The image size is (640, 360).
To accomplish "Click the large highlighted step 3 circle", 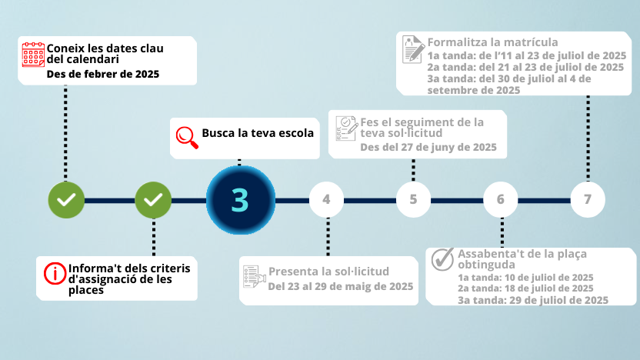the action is (x=241, y=200).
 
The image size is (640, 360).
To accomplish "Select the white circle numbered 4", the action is (x=326, y=199).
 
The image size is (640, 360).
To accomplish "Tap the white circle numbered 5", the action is (x=414, y=199).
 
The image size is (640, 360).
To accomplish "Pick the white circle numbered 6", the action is (x=501, y=199).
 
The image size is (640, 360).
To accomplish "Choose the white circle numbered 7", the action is (x=588, y=199).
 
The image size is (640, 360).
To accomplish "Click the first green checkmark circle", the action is (x=66, y=200).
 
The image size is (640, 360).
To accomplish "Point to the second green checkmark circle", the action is (x=153, y=200).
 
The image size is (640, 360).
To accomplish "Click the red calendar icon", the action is (x=33, y=55).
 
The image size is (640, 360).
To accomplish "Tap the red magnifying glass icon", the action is (x=187, y=138).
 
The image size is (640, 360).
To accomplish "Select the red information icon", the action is (x=55, y=274).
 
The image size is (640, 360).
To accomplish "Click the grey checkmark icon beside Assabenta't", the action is (x=443, y=259).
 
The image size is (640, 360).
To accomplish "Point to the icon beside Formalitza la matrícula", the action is (x=413, y=49).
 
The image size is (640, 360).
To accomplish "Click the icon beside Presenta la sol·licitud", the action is (x=255, y=276).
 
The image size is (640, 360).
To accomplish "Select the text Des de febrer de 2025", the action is (x=103, y=75).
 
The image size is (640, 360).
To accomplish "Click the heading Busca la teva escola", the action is (x=258, y=133).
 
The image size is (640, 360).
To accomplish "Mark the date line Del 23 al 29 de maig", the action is (x=341, y=286).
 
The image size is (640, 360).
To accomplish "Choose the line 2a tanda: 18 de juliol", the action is (x=525, y=288).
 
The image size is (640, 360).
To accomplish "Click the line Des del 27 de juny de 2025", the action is (x=428, y=148).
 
